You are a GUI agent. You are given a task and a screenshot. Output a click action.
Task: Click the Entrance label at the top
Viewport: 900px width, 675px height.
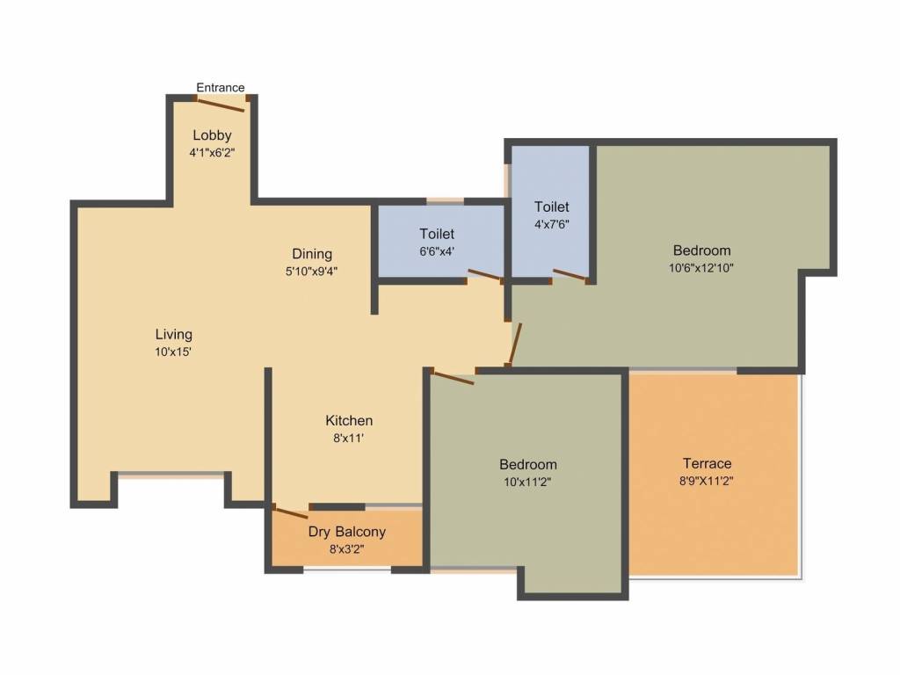coord(220,87)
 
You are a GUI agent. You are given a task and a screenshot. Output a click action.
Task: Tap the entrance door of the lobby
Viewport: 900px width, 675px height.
coord(221,105)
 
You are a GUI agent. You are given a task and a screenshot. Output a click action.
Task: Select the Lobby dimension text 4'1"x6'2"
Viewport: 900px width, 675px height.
coord(212,152)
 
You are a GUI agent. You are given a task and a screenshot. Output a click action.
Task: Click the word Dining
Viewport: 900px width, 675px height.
coord(312,255)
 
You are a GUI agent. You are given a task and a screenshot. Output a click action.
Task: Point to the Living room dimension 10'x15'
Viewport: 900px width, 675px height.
coord(173,352)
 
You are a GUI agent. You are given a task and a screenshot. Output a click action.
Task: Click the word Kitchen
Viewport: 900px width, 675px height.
coord(349,420)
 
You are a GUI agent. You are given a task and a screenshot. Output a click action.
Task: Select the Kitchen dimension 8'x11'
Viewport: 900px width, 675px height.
coord(348,438)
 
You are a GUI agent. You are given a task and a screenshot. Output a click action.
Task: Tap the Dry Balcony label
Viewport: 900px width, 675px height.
coord(346,532)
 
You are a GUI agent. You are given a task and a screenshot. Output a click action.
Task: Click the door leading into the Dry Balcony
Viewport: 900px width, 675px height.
coord(290,512)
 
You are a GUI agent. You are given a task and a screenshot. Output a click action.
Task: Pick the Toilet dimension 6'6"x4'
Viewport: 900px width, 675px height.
coord(436,251)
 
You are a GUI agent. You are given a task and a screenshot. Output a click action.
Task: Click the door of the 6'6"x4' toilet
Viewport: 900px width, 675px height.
coord(485,275)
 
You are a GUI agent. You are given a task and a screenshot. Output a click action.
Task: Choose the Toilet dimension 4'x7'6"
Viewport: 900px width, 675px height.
coord(552,223)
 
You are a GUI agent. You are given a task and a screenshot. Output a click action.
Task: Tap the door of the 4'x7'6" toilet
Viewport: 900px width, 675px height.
coord(570,275)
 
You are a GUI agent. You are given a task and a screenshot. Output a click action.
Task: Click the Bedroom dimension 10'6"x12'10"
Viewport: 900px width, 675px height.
coord(701,268)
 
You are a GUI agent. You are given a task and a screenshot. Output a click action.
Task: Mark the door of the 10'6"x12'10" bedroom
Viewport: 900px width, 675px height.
coord(514,344)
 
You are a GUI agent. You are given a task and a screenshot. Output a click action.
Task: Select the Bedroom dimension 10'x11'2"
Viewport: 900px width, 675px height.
coord(527,482)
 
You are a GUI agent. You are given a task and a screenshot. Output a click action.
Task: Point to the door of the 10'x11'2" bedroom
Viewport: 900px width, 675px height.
coord(454,378)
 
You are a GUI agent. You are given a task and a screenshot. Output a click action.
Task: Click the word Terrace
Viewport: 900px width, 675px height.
coord(708,463)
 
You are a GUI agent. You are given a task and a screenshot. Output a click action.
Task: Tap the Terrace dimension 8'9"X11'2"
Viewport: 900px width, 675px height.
coord(708,481)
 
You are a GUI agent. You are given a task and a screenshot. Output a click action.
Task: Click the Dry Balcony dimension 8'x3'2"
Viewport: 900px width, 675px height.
coord(346,549)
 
